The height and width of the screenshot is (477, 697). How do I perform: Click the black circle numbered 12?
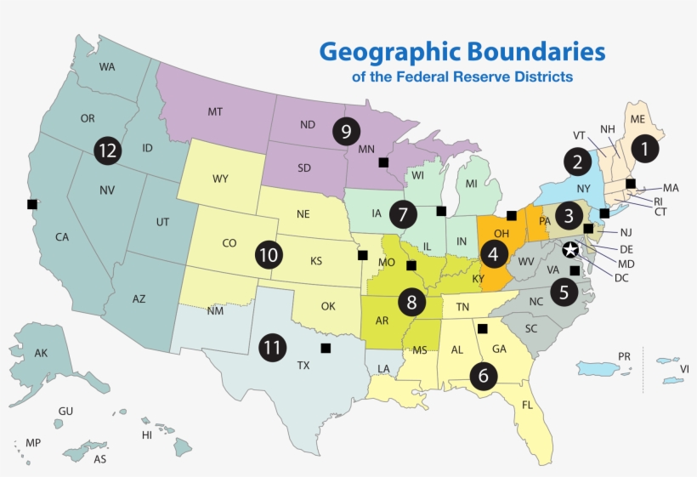coord(106,150)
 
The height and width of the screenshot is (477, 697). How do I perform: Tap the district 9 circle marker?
coord(345,131)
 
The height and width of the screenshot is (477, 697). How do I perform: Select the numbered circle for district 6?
coord(484,375)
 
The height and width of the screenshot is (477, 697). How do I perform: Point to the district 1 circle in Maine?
coord(644,150)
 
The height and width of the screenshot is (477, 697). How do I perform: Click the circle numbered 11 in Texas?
coord(272,348)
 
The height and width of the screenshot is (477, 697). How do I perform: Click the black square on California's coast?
coord(32,204)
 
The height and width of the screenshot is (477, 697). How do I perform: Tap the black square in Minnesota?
coord(383,162)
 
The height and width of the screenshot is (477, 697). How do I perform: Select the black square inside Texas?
coord(325,348)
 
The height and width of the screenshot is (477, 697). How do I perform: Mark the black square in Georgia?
coord(482,328)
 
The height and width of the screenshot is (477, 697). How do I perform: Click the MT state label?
coord(215,112)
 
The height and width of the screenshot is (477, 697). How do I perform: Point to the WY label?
coord(220,179)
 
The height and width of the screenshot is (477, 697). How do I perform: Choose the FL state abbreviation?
coord(528,405)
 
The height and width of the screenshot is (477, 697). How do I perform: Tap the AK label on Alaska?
coord(41,353)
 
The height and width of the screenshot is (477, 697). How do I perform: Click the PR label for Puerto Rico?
coord(625,355)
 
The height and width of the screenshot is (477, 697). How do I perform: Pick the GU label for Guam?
coord(65,412)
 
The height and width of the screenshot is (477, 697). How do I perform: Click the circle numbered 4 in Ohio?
coord(494,253)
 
